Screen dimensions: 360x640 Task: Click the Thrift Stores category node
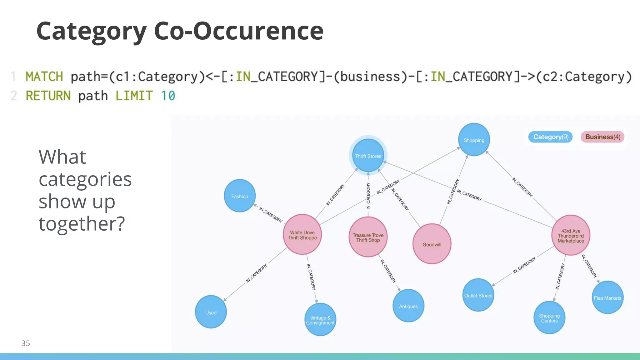(x=368, y=156)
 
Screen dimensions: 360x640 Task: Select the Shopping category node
(x=474, y=140)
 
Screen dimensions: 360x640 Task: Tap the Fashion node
(x=240, y=196)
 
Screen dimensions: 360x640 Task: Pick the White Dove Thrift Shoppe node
(x=302, y=235)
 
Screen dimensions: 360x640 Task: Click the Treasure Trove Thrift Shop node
(x=368, y=237)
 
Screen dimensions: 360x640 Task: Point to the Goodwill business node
(x=432, y=244)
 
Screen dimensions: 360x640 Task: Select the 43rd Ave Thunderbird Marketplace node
(x=571, y=235)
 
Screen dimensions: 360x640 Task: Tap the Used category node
(x=211, y=312)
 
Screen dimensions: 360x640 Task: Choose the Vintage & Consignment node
(x=320, y=320)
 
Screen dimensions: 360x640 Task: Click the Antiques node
(x=408, y=306)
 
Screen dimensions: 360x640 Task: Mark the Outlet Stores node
(x=478, y=295)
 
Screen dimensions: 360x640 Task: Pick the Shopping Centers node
(x=549, y=318)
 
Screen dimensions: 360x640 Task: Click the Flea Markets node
(x=607, y=297)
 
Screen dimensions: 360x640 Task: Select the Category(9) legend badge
(x=550, y=137)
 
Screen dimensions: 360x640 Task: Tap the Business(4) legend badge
(x=602, y=137)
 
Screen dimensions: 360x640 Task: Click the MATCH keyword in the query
(x=44, y=77)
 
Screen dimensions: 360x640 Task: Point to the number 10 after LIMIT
(x=168, y=96)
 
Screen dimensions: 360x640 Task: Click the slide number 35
(x=26, y=343)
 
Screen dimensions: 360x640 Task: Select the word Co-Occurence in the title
(x=239, y=31)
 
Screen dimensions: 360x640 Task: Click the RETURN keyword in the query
(x=48, y=96)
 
